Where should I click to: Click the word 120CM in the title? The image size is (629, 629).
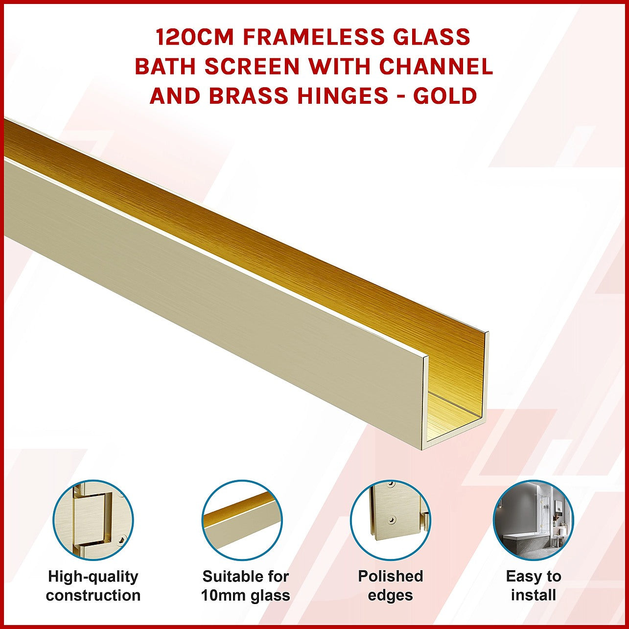point(195,37)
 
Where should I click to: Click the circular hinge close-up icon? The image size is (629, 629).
point(93,521)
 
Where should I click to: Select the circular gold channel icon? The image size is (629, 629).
point(242,521)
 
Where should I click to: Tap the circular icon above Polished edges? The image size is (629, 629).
point(391,521)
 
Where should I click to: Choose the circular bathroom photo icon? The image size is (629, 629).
point(534,521)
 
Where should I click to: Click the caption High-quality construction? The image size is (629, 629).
point(93,586)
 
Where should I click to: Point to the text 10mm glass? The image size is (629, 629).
point(246,595)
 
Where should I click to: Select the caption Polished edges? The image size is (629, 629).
point(391,586)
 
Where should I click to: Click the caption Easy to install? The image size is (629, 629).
point(534,586)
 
